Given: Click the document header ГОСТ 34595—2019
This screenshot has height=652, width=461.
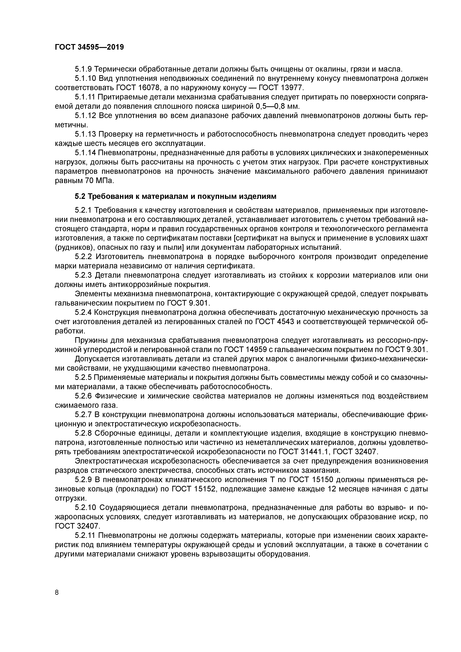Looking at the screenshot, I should (89, 47).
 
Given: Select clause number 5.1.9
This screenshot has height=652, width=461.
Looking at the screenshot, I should (83, 69).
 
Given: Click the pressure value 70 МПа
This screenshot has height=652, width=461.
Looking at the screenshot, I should (99, 181).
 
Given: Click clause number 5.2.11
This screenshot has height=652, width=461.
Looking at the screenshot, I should (86, 536).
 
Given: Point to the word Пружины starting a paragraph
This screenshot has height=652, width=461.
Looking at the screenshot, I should (89, 340).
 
